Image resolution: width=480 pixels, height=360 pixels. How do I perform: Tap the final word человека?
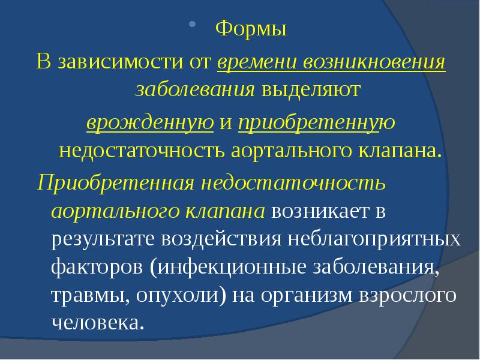pyautogui.click(x=98, y=323)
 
